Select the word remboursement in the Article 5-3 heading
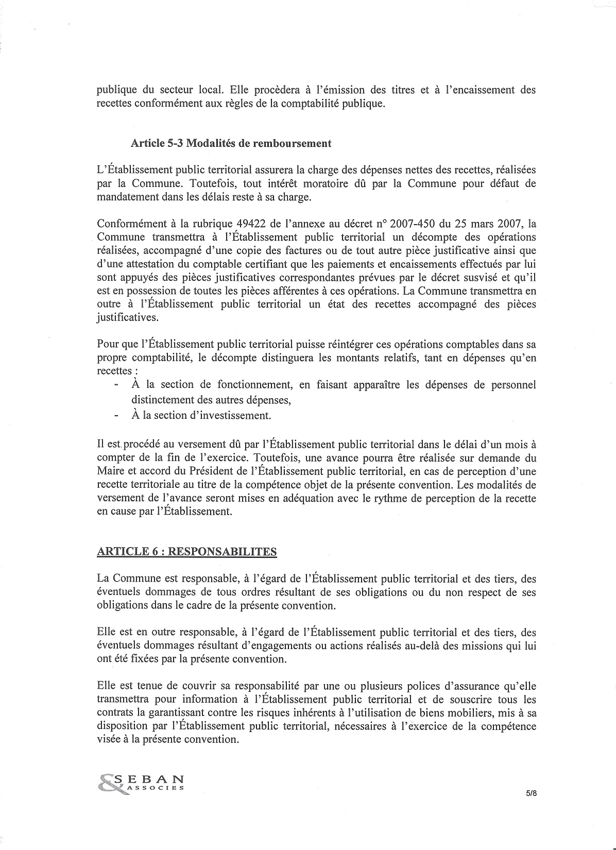tap(297, 144)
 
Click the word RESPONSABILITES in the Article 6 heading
tap(223, 552)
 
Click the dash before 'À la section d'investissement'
tap(117, 415)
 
